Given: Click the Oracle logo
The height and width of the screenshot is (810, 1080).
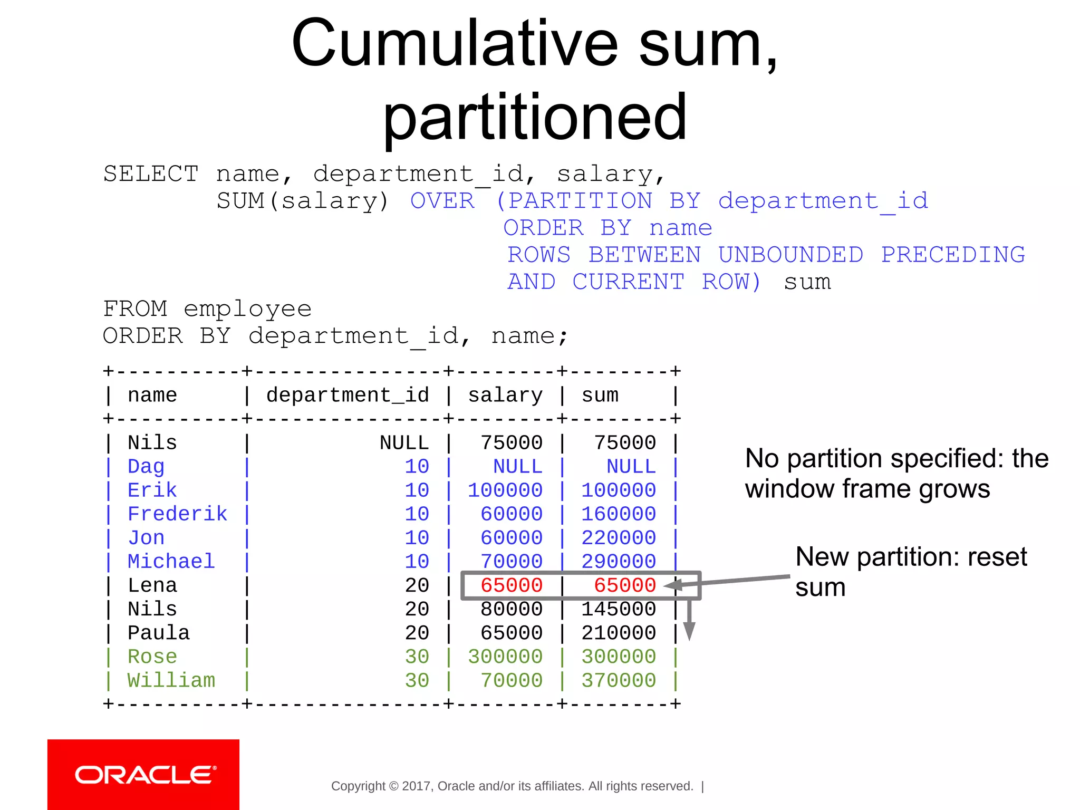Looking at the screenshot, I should point(143,775).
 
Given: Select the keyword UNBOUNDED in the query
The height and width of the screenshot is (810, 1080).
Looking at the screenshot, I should point(790,255).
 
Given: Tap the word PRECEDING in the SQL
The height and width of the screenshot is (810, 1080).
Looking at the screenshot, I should point(953,255).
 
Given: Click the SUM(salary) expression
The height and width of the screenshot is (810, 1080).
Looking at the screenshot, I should point(303,201).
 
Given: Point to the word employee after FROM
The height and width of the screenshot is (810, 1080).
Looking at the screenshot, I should point(247,308).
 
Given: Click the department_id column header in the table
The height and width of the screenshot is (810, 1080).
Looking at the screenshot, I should point(348,395).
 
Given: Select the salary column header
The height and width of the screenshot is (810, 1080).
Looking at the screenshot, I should point(505,395).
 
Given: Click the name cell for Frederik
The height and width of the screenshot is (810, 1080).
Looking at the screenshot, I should point(177,514).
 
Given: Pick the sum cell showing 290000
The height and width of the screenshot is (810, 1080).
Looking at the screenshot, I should point(619,561).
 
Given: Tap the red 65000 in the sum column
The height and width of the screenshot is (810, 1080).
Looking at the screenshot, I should point(625,585).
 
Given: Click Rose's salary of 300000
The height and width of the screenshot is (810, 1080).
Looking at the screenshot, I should point(505,657).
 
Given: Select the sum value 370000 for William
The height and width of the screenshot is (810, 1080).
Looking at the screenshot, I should point(619,680).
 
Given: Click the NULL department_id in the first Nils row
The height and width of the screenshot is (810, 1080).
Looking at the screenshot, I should point(404,442).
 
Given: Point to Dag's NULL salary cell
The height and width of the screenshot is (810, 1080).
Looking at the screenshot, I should point(517,466).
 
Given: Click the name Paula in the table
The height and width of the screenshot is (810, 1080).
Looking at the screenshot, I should point(158,633).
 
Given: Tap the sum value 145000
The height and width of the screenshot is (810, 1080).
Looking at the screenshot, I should point(619,609).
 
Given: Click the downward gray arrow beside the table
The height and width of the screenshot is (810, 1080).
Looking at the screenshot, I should point(689,622).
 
